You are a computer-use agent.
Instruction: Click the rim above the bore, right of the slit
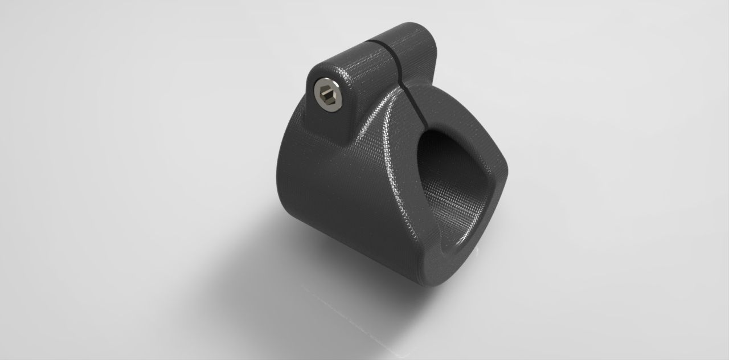(x=456, y=111)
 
